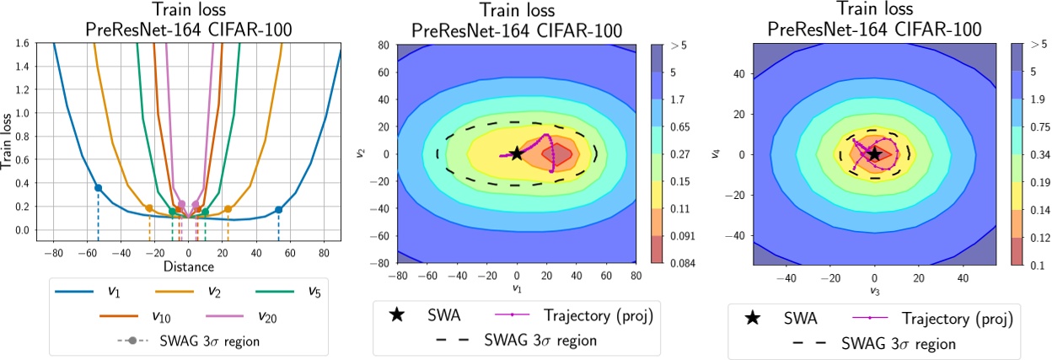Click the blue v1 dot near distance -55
coord(98,188)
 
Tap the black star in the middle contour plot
coord(517,154)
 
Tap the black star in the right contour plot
coord(874,154)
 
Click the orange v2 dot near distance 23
coord(228,208)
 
